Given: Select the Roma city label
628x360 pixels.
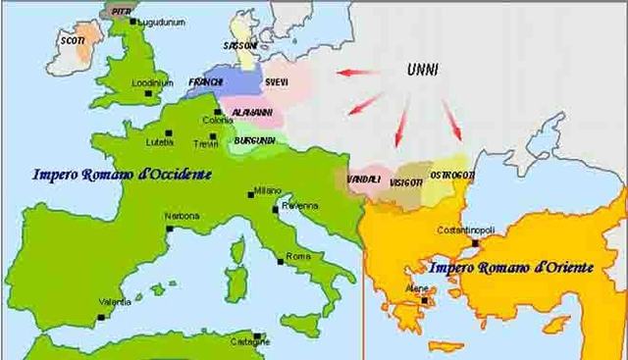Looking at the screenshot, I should click(297, 256).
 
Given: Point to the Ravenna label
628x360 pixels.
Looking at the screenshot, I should click(300, 205).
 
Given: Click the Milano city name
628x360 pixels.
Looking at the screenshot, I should click(267, 189).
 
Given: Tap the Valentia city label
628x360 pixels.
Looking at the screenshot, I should click(115, 302).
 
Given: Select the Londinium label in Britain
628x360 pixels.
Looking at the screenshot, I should click(152, 82).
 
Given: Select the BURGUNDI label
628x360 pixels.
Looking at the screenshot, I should click(254, 140).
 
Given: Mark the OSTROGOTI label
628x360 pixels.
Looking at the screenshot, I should click(452, 175).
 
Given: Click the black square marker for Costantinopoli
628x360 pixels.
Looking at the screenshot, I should click(475, 242).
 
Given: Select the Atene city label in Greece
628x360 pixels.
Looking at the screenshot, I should click(417, 288).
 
